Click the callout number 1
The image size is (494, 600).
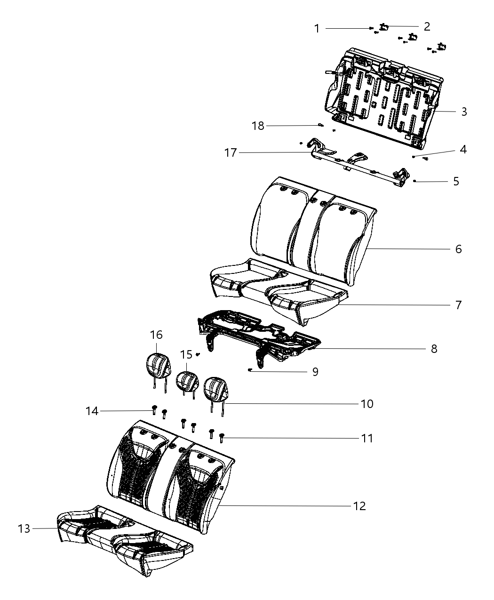pos(317,29)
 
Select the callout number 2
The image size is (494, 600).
pos(427,26)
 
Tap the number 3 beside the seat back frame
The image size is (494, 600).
pos(464,112)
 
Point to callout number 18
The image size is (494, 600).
pos(258,126)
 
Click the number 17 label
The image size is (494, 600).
pos(231,152)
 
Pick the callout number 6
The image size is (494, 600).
pos(458,249)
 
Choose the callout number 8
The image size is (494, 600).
pos(434,349)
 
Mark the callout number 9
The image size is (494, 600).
pos(315,372)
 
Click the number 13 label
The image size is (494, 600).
pos(24,528)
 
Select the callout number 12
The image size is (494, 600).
pos(359,506)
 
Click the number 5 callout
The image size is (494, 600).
pos(455,181)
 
